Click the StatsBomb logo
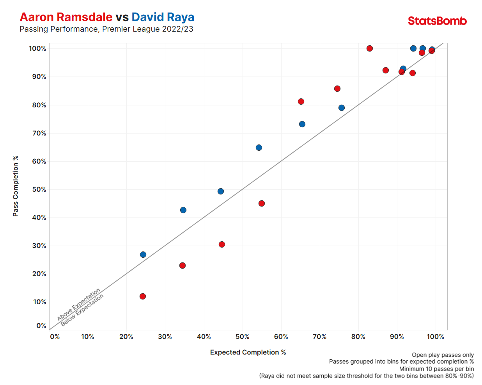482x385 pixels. coord(437,21)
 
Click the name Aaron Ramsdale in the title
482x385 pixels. coord(66,17)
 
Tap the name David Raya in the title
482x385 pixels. coord(163,17)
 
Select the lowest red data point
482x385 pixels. coord(143,296)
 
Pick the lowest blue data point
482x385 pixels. coord(143,255)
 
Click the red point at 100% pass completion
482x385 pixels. coord(370,48)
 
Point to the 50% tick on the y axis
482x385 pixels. coord(39,189)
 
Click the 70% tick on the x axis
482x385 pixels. coord(319,337)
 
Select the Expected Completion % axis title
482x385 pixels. coord(248,352)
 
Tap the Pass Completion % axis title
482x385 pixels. coord(16,186)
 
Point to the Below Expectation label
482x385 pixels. coord(82,310)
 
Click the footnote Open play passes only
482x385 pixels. coord(443,355)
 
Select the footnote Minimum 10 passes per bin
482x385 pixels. coord(436,369)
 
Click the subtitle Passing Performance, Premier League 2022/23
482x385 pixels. coord(106,29)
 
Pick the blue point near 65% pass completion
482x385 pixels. coord(259,148)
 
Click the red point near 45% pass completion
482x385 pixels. coord(262,203)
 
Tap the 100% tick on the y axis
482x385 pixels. coord(37,48)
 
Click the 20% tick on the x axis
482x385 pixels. coord(126,337)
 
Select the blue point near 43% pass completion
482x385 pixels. coord(183,210)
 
